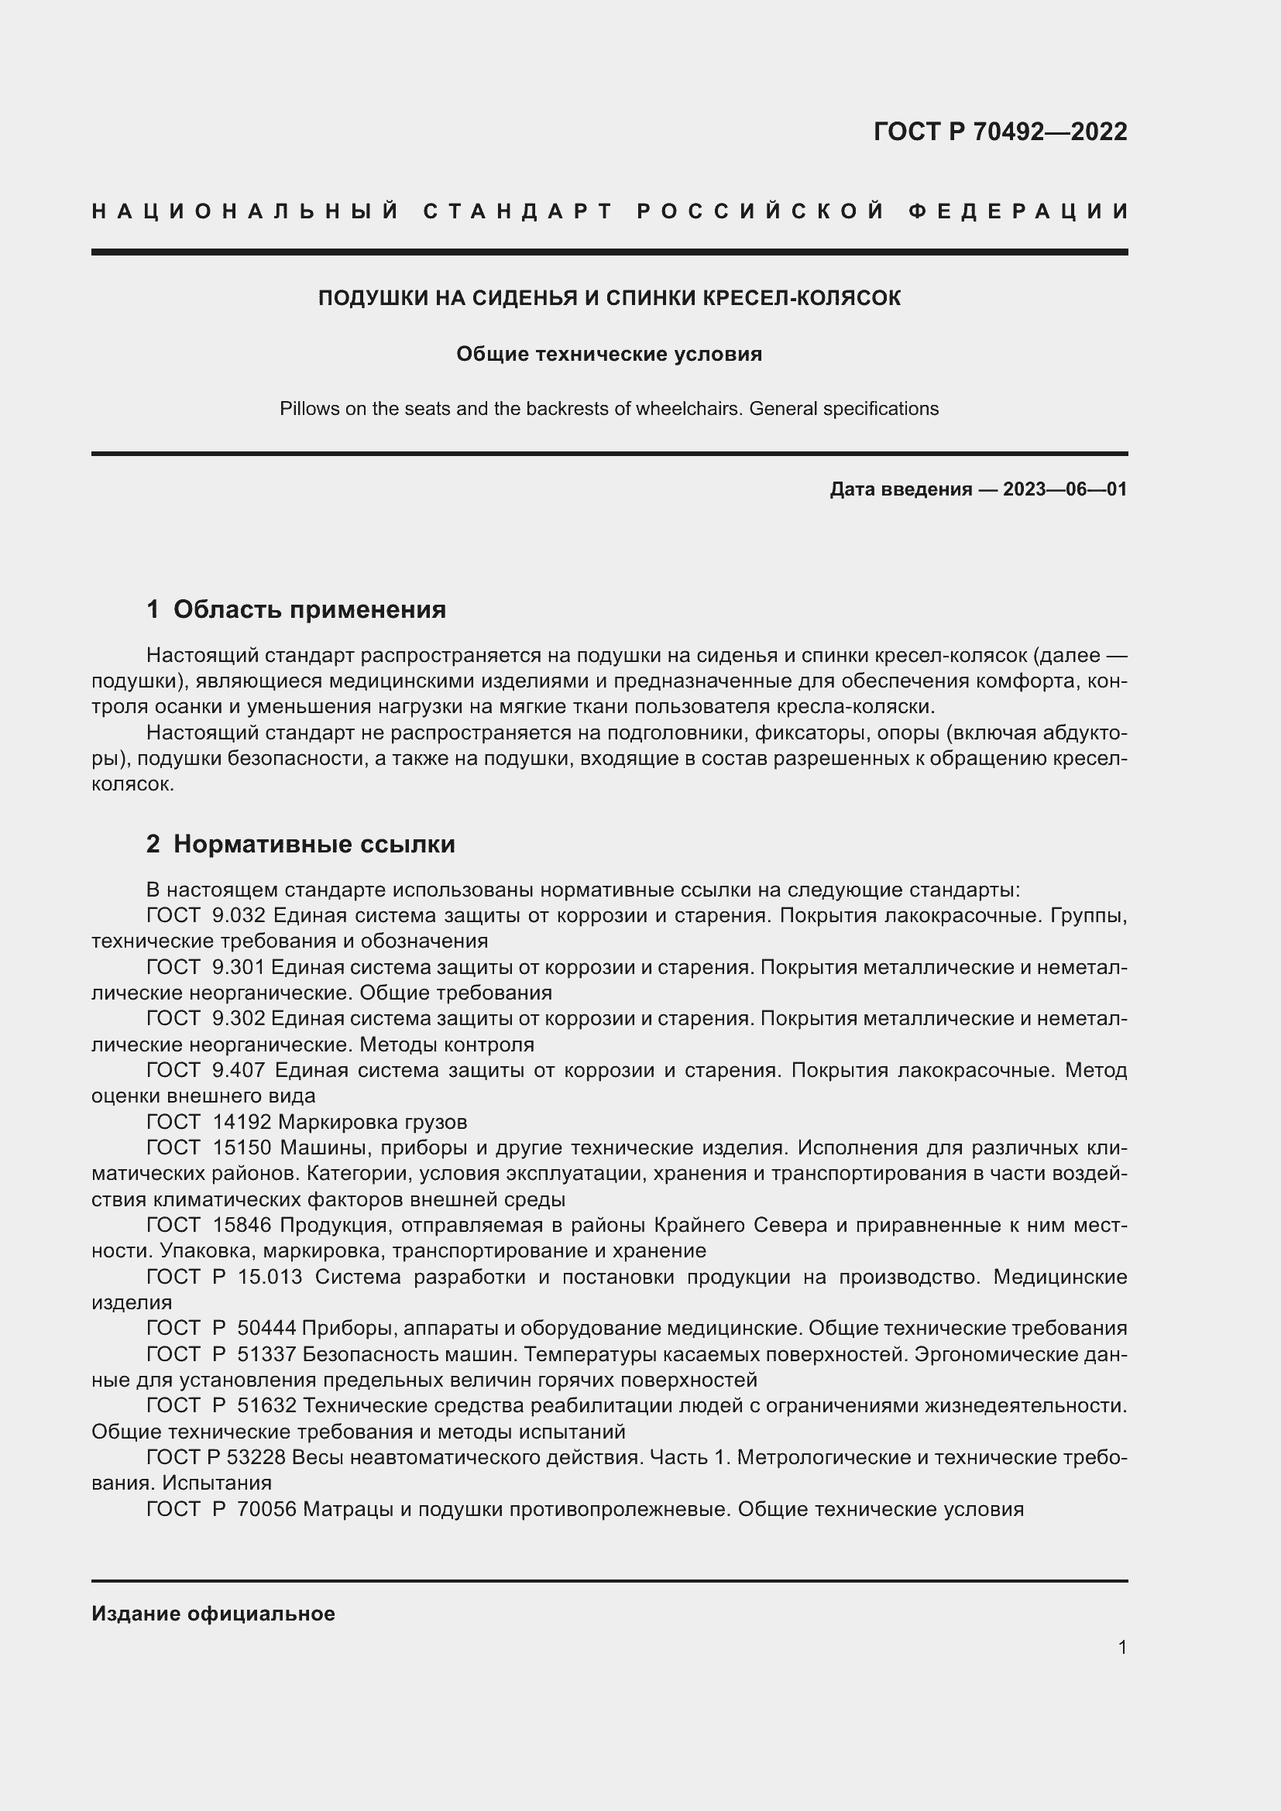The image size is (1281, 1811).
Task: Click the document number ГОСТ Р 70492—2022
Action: click(999, 132)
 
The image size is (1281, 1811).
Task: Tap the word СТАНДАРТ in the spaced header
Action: click(517, 211)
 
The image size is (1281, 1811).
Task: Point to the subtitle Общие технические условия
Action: click(609, 354)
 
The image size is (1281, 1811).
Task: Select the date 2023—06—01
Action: click(1064, 489)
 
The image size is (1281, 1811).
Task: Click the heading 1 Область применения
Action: click(296, 609)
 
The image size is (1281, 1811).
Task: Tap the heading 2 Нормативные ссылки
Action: click(301, 844)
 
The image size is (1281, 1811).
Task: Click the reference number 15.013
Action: click(269, 1276)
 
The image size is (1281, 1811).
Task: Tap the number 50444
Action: click(266, 1329)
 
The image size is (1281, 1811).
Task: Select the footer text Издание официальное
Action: click(213, 1614)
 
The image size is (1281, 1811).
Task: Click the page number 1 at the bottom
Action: click(1122, 1648)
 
